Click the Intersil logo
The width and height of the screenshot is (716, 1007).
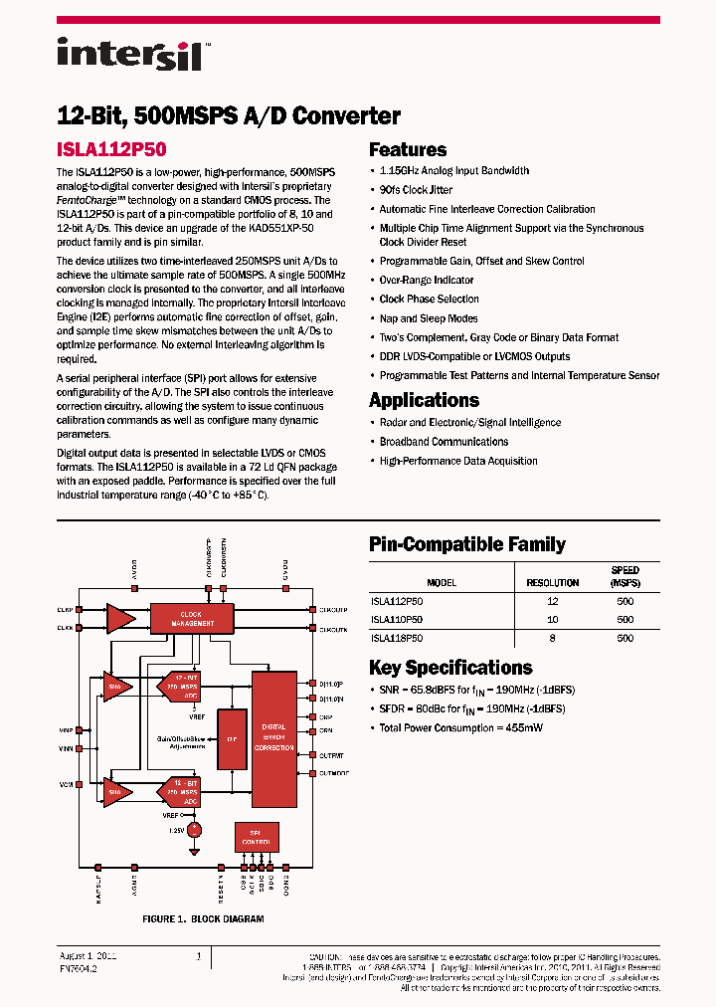pos(129,53)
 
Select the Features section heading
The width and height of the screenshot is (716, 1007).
pos(408,150)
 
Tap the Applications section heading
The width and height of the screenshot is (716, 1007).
pos(424,400)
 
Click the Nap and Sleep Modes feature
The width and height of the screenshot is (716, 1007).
pos(428,318)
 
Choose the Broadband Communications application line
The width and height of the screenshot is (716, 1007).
pos(444,442)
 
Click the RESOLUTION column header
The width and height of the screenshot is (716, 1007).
pos(552,583)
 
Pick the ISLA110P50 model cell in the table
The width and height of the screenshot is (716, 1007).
pos(397,620)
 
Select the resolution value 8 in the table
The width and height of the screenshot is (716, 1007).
pos(552,639)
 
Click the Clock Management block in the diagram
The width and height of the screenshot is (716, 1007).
pos(190,619)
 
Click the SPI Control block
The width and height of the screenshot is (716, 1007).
pos(256,837)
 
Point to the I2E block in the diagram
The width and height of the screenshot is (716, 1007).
pos(231,739)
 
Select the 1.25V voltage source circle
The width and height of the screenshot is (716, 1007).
pos(196,829)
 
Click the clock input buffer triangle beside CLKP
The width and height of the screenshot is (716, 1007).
pos(120,617)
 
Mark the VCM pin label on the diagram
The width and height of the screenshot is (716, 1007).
pos(65,785)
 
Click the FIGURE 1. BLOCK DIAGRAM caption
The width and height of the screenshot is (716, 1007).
pos(203,919)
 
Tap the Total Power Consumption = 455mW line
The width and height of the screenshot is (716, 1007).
pos(461,728)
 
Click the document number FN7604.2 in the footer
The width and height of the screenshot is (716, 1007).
pos(79,967)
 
